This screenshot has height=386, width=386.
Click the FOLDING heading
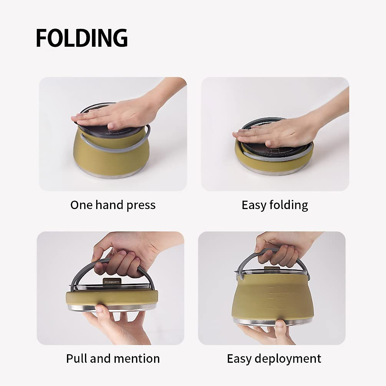click(x=82, y=38)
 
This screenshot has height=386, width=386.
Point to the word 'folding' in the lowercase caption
click(x=289, y=205)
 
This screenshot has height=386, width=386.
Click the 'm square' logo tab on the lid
click(x=111, y=281)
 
